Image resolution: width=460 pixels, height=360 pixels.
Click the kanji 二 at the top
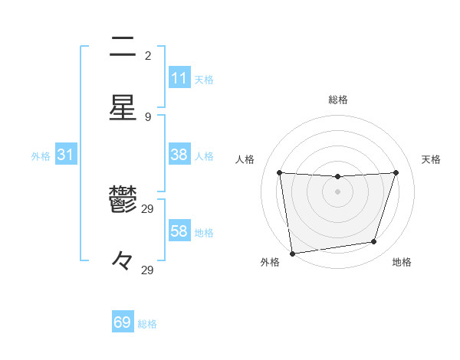(x=123, y=47)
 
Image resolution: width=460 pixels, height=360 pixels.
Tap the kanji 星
(x=123, y=108)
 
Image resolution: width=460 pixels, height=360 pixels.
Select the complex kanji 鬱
(x=123, y=200)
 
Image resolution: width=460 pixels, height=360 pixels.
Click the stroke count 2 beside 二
(x=148, y=56)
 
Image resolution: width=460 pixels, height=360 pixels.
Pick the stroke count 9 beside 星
(x=148, y=117)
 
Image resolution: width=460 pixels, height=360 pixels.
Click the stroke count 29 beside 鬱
(x=148, y=209)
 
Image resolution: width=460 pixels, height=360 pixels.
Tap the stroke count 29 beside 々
(x=148, y=270)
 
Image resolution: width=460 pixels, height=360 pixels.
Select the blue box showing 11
(x=179, y=77)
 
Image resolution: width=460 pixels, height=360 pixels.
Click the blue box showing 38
(x=179, y=154)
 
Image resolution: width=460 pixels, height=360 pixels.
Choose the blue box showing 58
(x=179, y=231)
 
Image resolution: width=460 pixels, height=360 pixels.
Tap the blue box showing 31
(x=65, y=154)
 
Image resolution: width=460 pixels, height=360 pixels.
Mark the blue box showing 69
(x=123, y=322)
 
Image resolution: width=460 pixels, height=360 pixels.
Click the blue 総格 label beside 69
(x=147, y=324)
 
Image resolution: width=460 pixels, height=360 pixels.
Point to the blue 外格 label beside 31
(x=41, y=156)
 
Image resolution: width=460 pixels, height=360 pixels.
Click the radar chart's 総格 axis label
(x=337, y=100)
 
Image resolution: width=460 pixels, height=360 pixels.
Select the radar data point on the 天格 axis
(x=396, y=172)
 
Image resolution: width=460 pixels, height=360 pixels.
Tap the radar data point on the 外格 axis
(x=292, y=253)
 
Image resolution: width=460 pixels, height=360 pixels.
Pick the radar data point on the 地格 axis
(x=374, y=242)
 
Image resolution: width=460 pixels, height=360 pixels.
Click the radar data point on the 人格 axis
(x=279, y=172)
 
